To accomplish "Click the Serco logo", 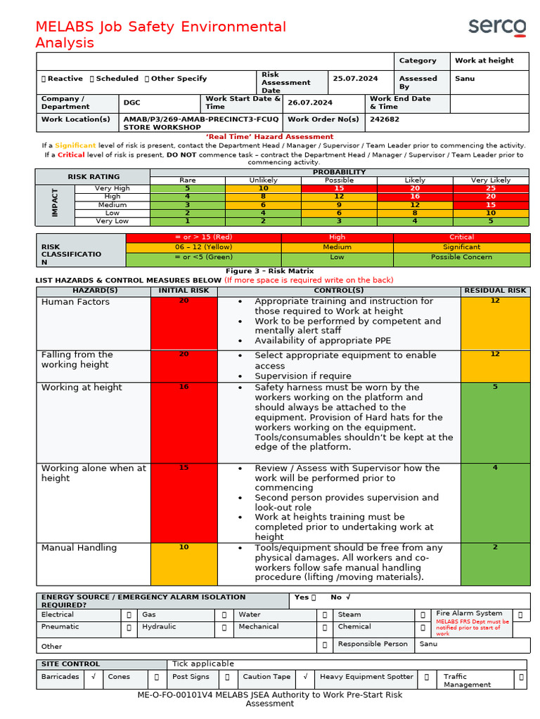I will (x=497, y=27).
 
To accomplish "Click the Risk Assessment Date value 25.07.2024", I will (x=355, y=79).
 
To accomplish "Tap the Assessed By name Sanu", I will (x=465, y=79).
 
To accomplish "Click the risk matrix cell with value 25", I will (x=490, y=188).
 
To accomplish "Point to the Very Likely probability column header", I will (x=490, y=180).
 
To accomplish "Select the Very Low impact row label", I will (x=112, y=221).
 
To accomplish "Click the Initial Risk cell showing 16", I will (x=184, y=387).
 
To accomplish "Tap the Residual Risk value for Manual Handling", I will (x=494, y=547).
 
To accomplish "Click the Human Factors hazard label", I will (x=75, y=302).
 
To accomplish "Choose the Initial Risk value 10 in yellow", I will (x=184, y=547).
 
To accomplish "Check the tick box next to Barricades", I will (x=93, y=678).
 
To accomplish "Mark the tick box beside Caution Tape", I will (x=305, y=678).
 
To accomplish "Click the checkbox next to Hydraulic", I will (x=224, y=628).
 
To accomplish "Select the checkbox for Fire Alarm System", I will (x=520, y=614).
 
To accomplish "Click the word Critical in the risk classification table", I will (x=461, y=237).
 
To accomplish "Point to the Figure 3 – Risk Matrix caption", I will (x=269, y=271).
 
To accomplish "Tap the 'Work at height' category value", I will (x=484, y=60).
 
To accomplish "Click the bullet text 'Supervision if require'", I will (x=302, y=376).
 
